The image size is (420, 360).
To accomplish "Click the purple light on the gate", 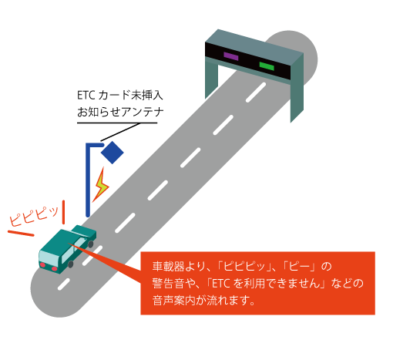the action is [x=231, y=56].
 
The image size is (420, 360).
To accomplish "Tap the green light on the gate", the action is [x=267, y=66].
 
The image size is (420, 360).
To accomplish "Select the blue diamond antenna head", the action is [x=113, y=153].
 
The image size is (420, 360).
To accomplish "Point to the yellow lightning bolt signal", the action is [x=101, y=185].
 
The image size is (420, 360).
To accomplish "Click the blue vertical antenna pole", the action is [x=88, y=180].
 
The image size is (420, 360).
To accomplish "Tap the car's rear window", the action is [x=49, y=257].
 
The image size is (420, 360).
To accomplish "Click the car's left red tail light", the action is [x=42, y=265].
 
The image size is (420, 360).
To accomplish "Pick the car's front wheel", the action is [x=91, y=244].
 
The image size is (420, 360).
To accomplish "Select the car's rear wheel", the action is [x=70, y=264].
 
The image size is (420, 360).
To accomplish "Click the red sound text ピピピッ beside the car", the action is [x=34, y=217].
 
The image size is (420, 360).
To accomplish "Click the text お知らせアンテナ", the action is [x=120, y=112].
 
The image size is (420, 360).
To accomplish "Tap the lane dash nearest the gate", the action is [x=256, y=93].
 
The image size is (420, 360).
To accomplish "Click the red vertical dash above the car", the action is [x=63, y=212].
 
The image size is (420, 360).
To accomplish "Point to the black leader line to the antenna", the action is [x=120, y=132].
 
